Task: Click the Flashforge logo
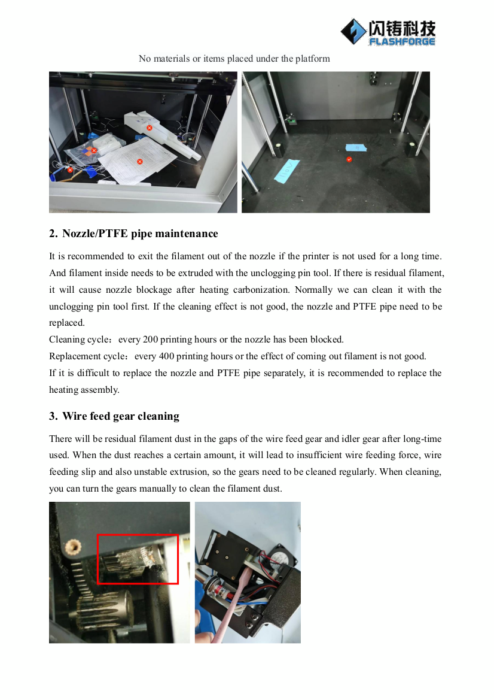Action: tap(388, 32)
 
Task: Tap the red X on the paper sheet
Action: tap(140, 162)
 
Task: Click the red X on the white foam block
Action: tap(150, 128)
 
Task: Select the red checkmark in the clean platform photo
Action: tap(349, 159)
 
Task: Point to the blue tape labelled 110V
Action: tap(285, 171)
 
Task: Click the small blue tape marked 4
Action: tap(356, 148)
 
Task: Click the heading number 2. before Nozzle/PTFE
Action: tap(53, 234)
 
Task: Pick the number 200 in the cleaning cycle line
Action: tap(150, 340)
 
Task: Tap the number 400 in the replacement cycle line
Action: tap(166, 356)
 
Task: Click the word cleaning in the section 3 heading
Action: tap(158, 417)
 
